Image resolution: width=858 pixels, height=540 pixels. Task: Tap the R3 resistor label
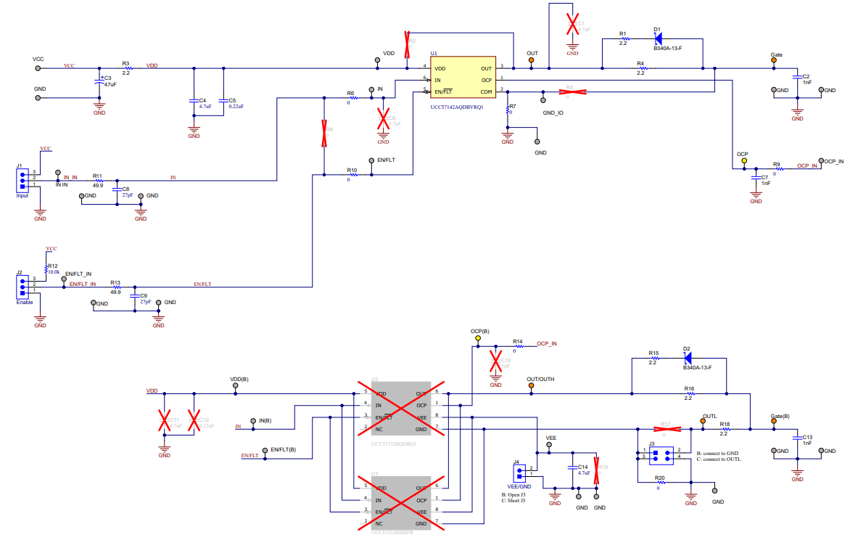[x=125, y=64]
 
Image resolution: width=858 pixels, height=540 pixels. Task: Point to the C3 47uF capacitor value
[x=110, y=85]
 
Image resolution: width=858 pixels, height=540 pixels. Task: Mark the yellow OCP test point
[x=743, y=160]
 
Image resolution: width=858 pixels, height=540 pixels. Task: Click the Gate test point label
[x=776, y=55]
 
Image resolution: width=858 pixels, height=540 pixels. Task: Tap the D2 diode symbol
[x=688, y=359]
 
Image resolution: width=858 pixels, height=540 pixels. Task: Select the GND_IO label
[x=553, y=113]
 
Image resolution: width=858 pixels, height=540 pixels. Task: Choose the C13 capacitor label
[x=806, y=438]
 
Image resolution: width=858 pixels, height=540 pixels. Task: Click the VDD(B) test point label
[x=239, y=379]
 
